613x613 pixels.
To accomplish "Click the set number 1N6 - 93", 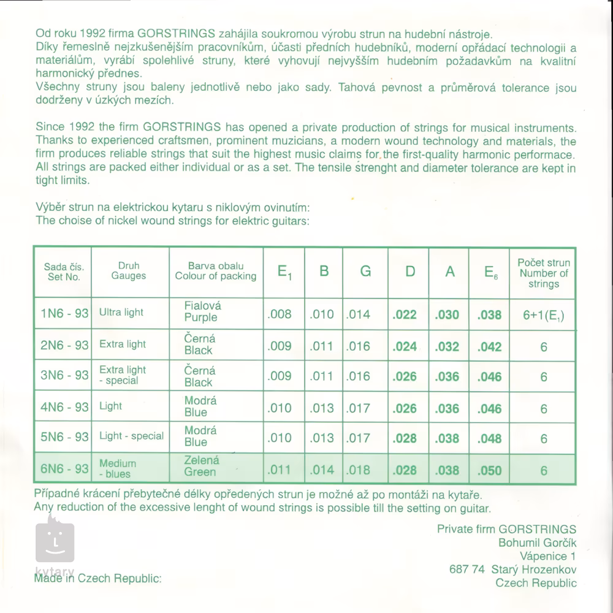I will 64,314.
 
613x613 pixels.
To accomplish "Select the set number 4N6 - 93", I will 64,406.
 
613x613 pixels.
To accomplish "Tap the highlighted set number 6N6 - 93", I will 64,469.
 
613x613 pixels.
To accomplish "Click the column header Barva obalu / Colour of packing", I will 216,271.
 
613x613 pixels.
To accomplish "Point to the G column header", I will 365,271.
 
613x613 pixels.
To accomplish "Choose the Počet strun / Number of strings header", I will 544,273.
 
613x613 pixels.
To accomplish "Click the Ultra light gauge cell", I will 121,313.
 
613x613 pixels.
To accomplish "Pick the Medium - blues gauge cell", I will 118,469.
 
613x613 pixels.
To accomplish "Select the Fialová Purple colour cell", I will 202,311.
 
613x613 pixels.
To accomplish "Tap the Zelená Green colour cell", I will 201,466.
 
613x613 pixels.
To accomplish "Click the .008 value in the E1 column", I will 280,314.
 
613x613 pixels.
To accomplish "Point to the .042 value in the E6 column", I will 489,346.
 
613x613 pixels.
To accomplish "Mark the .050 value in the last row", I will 489,471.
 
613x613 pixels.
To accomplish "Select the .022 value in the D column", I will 405,314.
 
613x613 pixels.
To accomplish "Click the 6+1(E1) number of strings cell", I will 544,315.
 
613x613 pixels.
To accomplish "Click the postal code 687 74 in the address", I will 467,569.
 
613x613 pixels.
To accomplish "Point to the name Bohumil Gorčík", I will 538,543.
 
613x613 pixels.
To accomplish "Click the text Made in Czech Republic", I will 98,578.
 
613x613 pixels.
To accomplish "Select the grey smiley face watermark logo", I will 55,541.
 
